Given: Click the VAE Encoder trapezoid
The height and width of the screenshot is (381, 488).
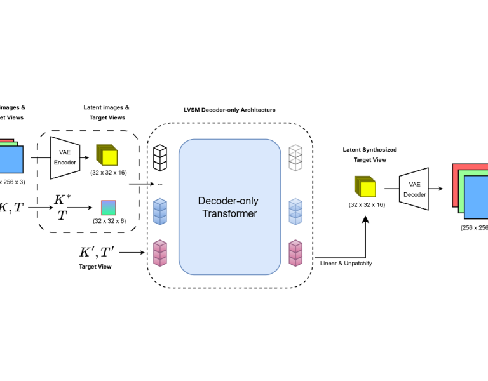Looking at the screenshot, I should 64,157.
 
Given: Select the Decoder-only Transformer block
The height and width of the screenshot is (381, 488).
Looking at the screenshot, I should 230,207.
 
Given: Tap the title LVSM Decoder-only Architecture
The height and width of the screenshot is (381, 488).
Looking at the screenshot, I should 229,110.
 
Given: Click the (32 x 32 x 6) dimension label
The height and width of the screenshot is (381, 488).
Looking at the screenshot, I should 109,220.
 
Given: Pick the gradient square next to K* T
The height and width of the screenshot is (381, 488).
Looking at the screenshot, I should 109,208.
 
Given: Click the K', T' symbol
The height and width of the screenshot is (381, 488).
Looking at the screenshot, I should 96,252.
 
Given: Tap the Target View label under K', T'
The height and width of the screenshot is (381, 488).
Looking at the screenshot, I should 95,267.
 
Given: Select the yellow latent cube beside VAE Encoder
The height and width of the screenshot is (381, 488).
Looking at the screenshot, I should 107,156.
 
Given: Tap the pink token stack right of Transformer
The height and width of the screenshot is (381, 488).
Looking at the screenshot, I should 295,253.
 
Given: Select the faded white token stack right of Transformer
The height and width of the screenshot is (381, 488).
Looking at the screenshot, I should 295,157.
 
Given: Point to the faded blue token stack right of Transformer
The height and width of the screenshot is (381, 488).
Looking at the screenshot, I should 295,211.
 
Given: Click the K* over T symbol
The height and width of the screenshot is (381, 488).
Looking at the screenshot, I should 61,208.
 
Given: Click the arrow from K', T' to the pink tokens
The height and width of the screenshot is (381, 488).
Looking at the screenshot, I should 132,253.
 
